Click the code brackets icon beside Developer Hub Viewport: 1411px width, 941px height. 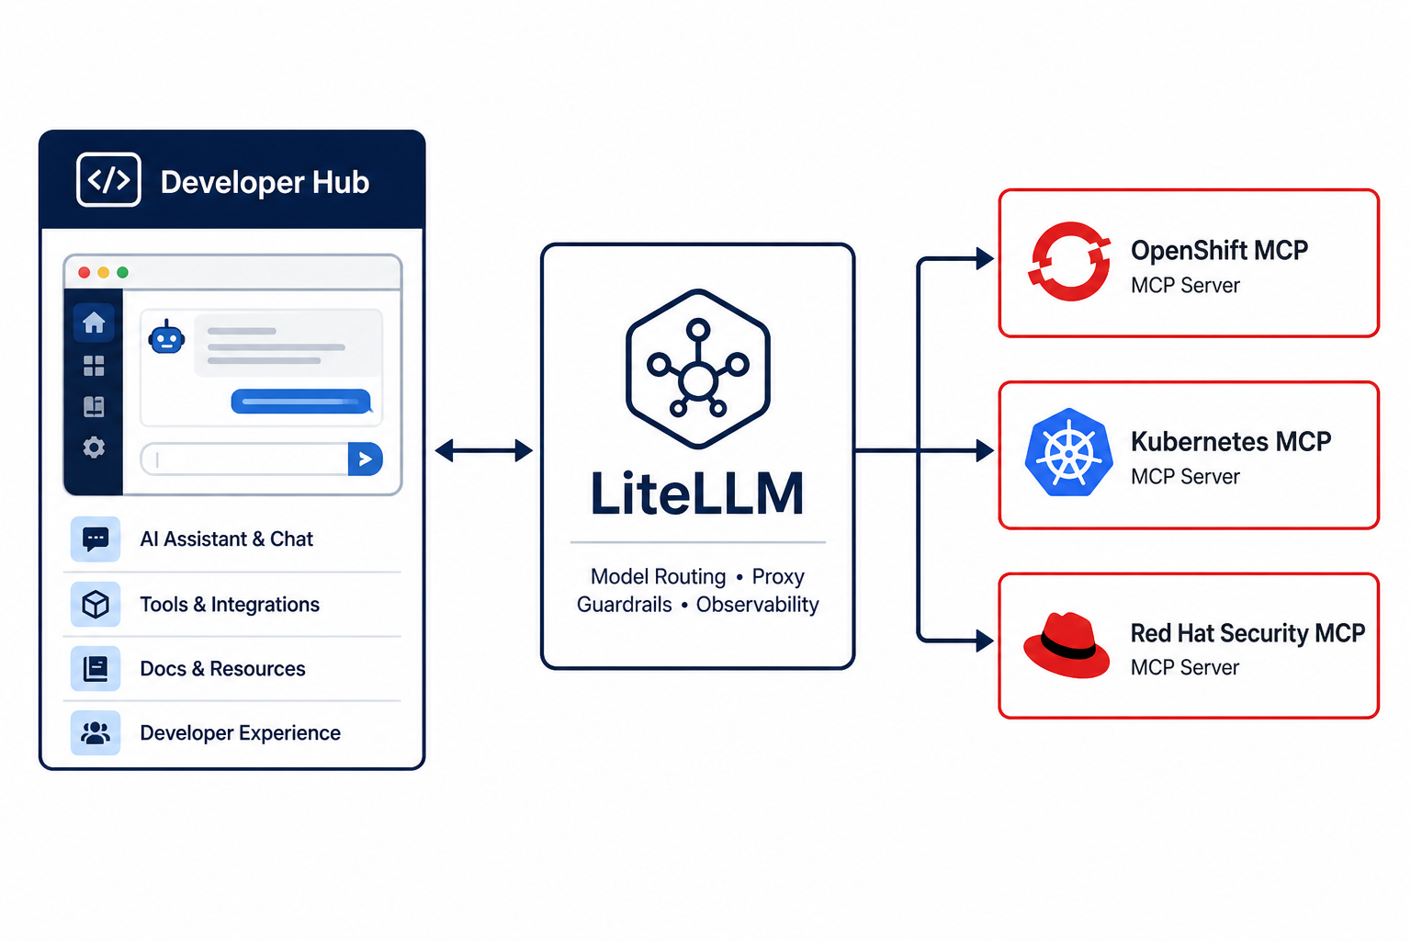point(108,179)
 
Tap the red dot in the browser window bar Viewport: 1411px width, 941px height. point(84,272)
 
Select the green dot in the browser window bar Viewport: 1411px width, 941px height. point(123,272)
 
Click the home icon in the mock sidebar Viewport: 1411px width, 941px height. point(94,323)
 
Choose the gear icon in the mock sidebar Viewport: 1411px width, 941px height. point(94,448)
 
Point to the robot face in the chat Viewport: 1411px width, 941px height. point(166,337)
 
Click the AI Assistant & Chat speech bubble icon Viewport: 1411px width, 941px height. point(96,539)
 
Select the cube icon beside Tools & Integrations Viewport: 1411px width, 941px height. point(96,605)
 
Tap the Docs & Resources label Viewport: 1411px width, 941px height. point(222,669)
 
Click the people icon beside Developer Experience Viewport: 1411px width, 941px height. point(96,733)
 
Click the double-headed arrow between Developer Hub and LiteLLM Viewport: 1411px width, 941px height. point(484,450)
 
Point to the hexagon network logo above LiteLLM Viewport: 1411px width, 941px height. point(698,368)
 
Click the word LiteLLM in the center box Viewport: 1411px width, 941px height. point(698,493)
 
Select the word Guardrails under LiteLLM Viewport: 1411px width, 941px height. point(625,605)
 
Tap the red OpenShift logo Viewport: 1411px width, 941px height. point(1069,261)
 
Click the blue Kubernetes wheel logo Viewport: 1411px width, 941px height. point(1068,452)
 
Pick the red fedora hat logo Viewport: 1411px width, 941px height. point(1067,645)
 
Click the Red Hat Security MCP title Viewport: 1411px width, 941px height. point(1247,633)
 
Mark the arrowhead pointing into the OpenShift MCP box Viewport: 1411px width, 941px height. point(985,258)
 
